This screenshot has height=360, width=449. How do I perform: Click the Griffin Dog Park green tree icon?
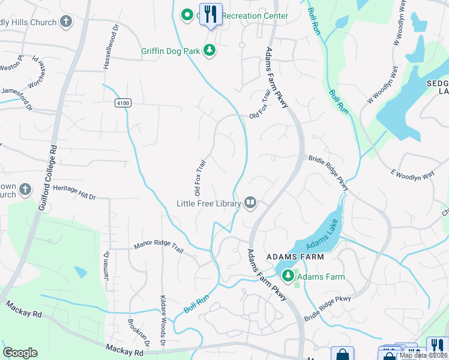pyautogui.click(x=210, y=51)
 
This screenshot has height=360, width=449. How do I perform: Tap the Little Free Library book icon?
pyautogui.click(x=250, y=203)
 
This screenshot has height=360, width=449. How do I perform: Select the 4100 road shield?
pyautogui.click(x=123, y=103)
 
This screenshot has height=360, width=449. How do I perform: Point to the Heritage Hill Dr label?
pyautogui.click(x=74, y=191)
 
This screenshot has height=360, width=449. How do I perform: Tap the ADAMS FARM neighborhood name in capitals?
pyautogui.click(x=295, y=257)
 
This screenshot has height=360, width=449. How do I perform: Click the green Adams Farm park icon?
pyautogui.click(x=288, y=276)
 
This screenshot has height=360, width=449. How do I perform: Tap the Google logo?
pyautogui.click(x=20, y=353)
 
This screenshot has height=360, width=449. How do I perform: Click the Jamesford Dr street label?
pyautogui.click(x=16, y=97)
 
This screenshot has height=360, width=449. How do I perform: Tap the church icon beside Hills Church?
pyautogui.click(x=65, y=22)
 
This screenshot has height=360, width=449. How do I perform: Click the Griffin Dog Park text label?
pyautogui.click(x=170, y=51)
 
